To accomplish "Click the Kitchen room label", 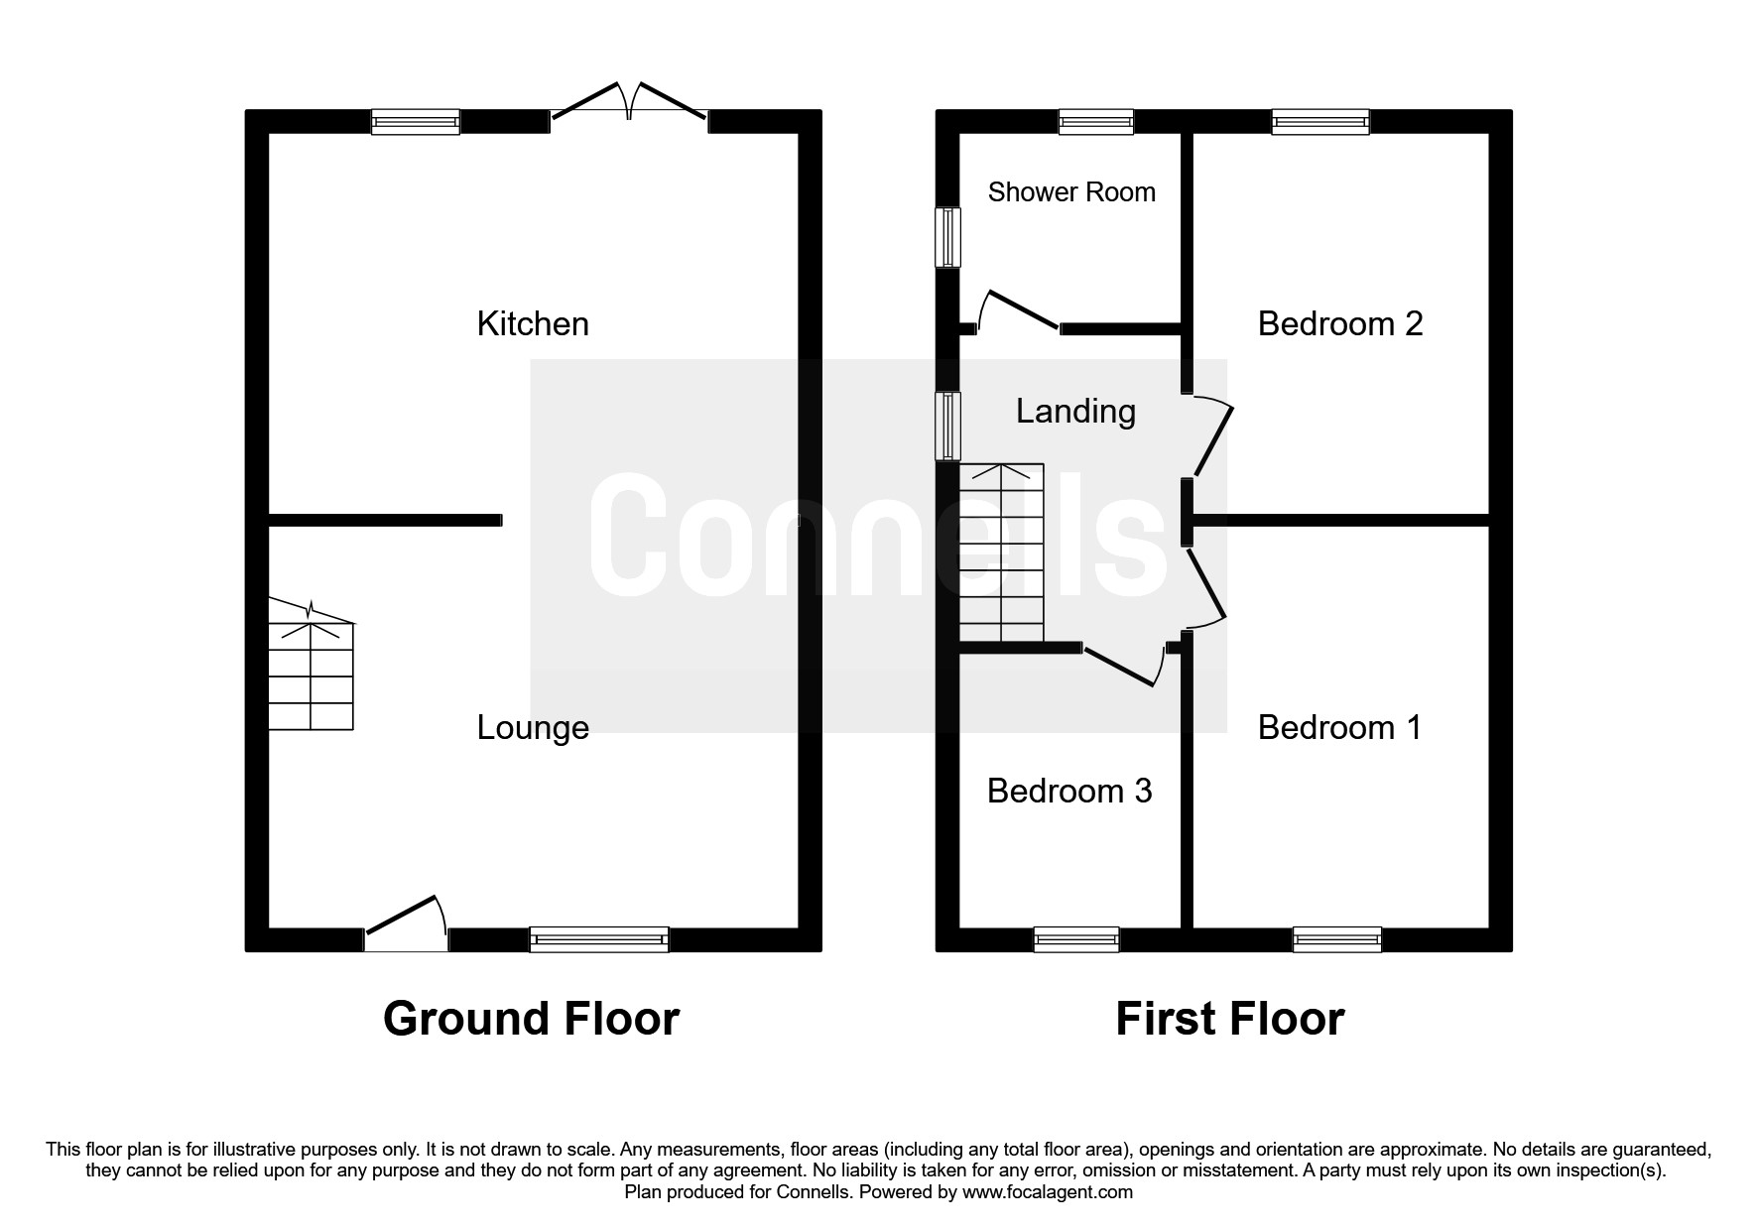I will tap(533, 323).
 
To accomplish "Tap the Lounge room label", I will tap(533, 727).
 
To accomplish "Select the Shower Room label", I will tap(1071, 191).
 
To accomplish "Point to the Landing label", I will tap(1075, 411).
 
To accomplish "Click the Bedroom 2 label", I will tap(1339, 323).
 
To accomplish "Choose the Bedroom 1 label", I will tap(1339, 727).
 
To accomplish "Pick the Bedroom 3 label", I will tap(1069, 791).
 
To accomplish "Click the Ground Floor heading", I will tap(531, 1019).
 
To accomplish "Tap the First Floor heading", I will tap(1229, 1019).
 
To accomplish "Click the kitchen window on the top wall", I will tap(416, 122).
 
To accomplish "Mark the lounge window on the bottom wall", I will tap(599, 938).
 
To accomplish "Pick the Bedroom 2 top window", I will tap(1320, 122).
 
